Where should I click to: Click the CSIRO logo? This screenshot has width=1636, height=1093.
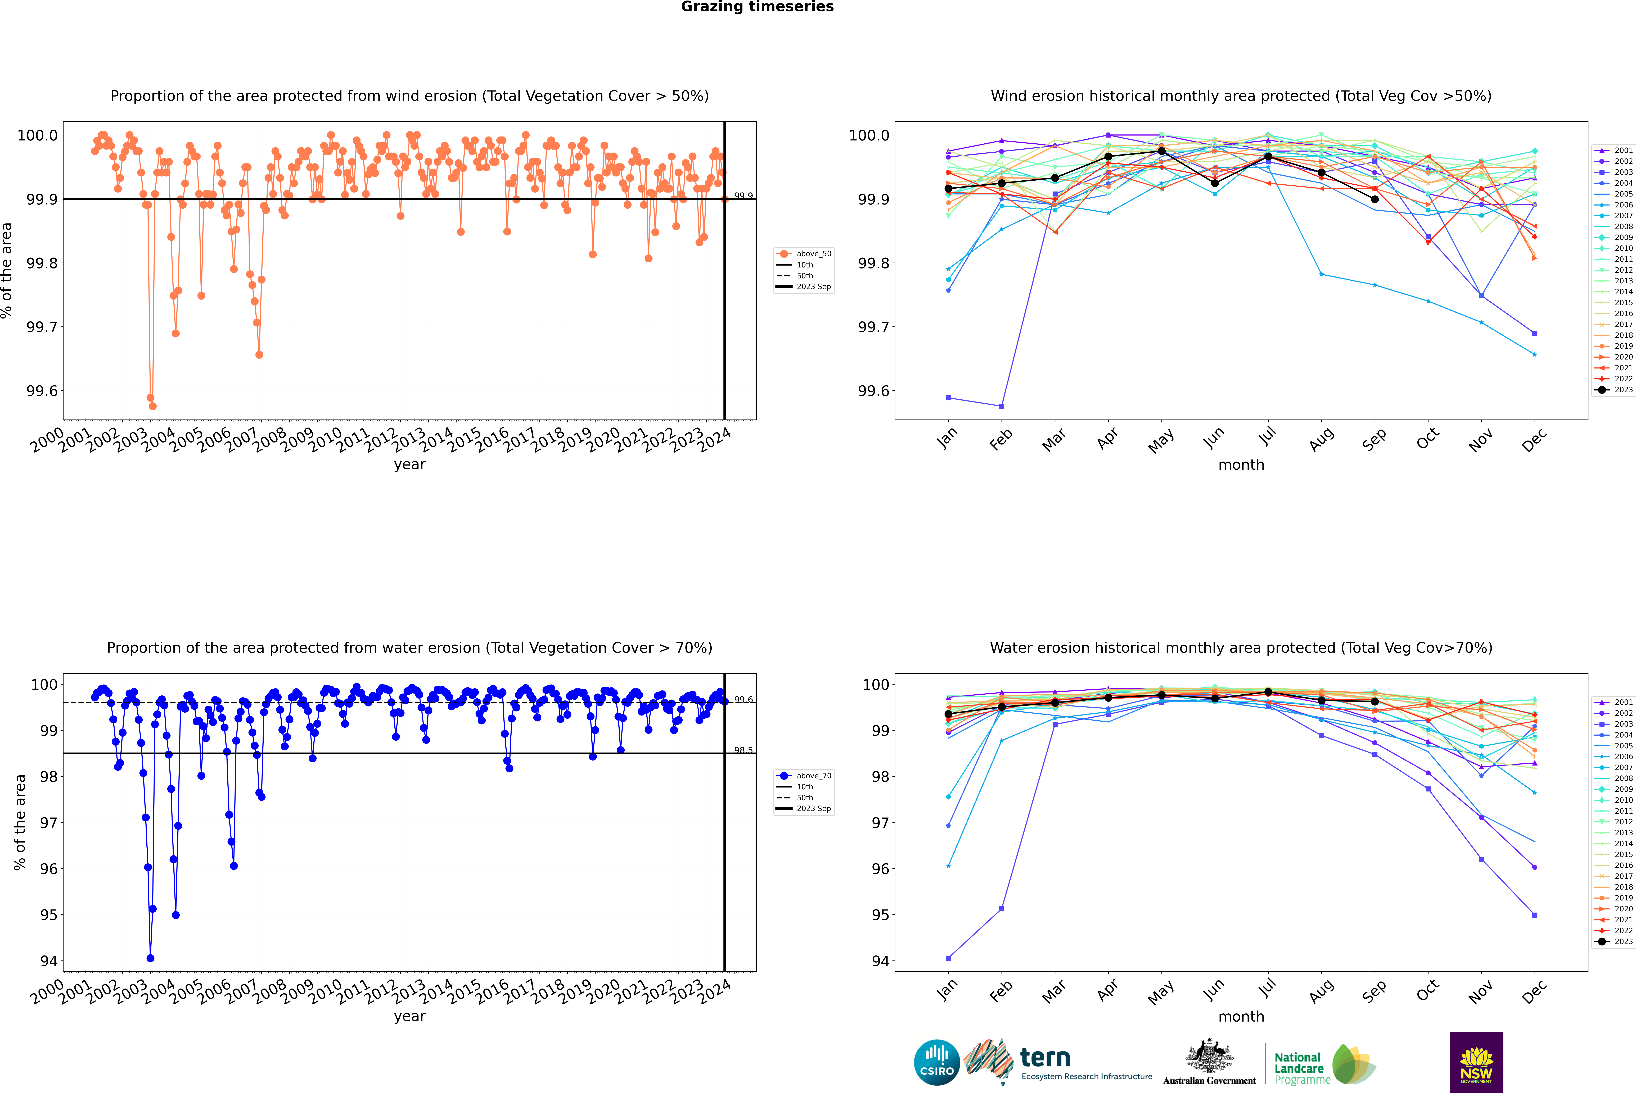tap(937, 1062)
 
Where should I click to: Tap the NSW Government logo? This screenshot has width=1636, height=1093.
tap(1476, 1062)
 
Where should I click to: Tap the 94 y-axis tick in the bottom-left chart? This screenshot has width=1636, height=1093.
tap(49, 960)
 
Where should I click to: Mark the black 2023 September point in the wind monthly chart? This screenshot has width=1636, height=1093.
tap(1374, 199)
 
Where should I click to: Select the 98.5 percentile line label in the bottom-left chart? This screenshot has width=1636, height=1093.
tap(743, 750)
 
